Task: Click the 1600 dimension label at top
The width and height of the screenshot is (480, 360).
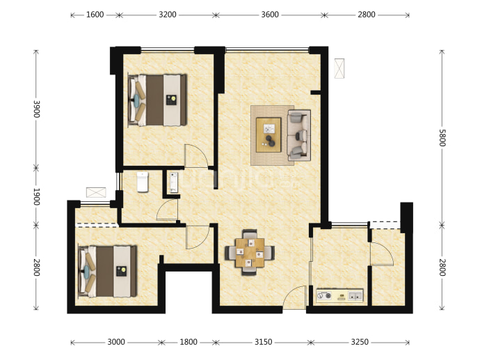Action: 95,15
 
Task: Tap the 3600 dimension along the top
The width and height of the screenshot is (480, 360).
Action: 270,15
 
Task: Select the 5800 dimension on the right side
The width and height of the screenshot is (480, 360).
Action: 442,138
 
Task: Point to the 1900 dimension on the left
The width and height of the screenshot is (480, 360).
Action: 36,196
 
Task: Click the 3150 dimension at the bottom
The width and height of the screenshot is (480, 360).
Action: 263,342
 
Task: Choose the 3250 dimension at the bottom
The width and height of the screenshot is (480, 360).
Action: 360,342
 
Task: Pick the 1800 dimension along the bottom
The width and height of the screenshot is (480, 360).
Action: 189,342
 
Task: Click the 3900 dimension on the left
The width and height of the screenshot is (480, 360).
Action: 36,109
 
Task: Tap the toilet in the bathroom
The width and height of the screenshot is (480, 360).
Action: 143,182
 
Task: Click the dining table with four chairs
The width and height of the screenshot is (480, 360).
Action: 250,253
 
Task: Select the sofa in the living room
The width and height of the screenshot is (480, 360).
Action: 299,135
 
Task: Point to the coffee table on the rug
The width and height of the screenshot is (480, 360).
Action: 269,134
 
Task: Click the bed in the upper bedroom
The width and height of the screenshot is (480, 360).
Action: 157,100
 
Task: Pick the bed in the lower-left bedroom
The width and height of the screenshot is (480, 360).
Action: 107,271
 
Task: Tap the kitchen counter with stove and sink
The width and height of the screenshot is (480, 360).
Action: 339,296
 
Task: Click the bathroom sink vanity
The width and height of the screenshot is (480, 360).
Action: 174,182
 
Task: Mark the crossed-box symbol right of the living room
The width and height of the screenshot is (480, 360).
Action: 339,68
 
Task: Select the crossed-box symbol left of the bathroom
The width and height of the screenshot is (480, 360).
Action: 96,192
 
